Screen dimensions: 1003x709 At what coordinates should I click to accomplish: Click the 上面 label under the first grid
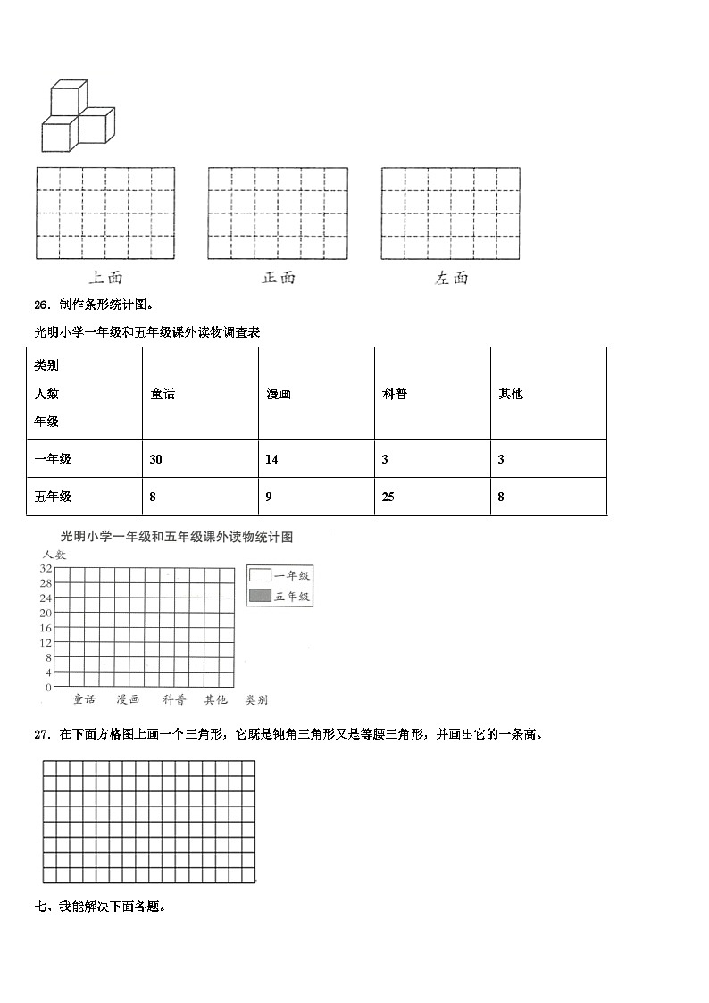[x=106, y=278]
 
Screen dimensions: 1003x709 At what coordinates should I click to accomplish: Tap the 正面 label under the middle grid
[x=278, y=278]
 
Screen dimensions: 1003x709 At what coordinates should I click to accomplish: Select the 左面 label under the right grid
[x=451, y=278]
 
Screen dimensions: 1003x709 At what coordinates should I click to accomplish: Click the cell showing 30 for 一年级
[x=156, y=459]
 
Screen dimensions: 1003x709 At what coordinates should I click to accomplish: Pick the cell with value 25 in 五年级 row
[x=388, y=497]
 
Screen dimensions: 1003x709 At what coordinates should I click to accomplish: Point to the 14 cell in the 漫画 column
[x=271, y=459]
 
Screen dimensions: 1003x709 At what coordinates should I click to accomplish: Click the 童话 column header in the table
[x=163, y=394]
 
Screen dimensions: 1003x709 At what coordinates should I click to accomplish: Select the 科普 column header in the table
[x=394, y=394]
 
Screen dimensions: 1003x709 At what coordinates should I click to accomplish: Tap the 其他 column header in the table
[x=510, y=394]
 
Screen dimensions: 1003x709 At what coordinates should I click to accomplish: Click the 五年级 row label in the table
[x=53, y=497]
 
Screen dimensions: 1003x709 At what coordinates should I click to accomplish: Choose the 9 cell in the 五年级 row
[x=269, y=497]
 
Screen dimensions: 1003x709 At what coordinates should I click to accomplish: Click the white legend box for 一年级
[x=260, y=575]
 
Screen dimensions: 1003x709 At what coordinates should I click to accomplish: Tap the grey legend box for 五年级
[x=260, y=596]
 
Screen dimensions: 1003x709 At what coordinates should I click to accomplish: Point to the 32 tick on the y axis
[x=46, y=568]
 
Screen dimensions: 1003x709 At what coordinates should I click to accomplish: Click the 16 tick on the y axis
[x=46, y=628]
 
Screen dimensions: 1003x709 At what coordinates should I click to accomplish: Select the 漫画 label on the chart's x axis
[x=128, y=700]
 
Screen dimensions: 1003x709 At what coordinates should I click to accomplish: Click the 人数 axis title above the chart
[x=54, y=555]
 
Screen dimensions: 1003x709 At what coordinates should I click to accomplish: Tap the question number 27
[x=40, y=734]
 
